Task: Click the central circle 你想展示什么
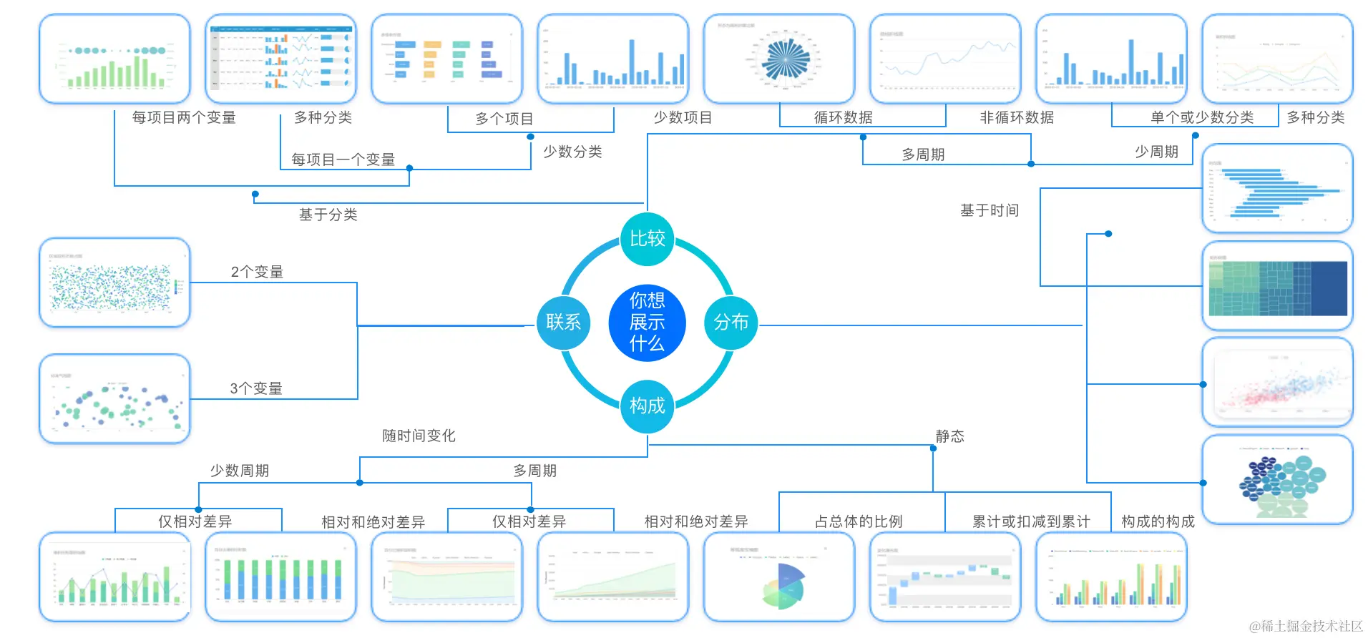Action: coord(647,322)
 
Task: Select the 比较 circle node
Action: coord(647,239)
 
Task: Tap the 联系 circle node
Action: coord(563,323)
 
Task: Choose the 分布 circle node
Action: coord(731,323)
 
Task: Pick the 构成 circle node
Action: coord(647,406)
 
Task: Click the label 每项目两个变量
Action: coord(184,117)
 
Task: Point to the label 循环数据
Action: coord(843,117)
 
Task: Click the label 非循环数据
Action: coord(1016,117)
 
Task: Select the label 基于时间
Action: coord(989,210)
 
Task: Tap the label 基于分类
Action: coord(328,215)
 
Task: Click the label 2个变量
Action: coord(257,272)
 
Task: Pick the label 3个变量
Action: coord(256,388)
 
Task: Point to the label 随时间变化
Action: coord(419,436)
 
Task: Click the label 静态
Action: coord(949,436)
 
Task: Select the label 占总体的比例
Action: coord(859,521)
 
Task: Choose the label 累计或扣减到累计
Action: coord(1030,521)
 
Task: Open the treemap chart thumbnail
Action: coord(1277,286)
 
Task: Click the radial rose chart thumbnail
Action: coord(779,59)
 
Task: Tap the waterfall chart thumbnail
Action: coord(944,577)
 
